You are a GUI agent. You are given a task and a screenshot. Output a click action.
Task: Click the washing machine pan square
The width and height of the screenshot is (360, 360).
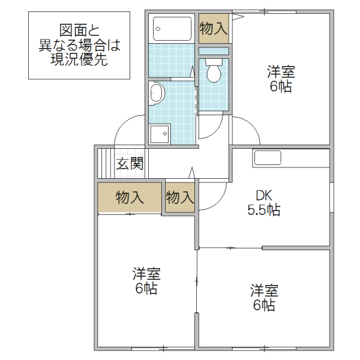pos(160,134)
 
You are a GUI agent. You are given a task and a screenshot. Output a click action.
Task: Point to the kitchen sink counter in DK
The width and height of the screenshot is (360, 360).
pos(268,158)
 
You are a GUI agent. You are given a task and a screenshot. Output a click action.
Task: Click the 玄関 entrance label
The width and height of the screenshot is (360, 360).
pos(130,163)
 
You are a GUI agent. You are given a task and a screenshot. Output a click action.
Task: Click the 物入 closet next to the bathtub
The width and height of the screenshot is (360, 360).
pos(214,28)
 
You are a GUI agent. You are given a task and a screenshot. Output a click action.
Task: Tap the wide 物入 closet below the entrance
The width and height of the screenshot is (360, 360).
pos(130,197)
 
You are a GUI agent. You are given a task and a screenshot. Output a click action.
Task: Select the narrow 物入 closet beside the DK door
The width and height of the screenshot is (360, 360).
pos(179,197)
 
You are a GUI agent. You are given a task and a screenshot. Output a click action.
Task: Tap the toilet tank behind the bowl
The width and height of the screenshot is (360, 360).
pos(214,61)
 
